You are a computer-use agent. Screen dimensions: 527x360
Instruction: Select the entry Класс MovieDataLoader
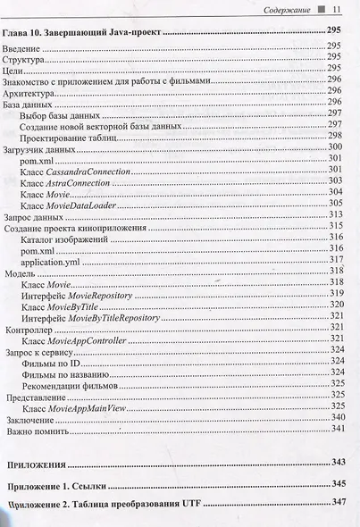pyautogui.click(x=68, y=205)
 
